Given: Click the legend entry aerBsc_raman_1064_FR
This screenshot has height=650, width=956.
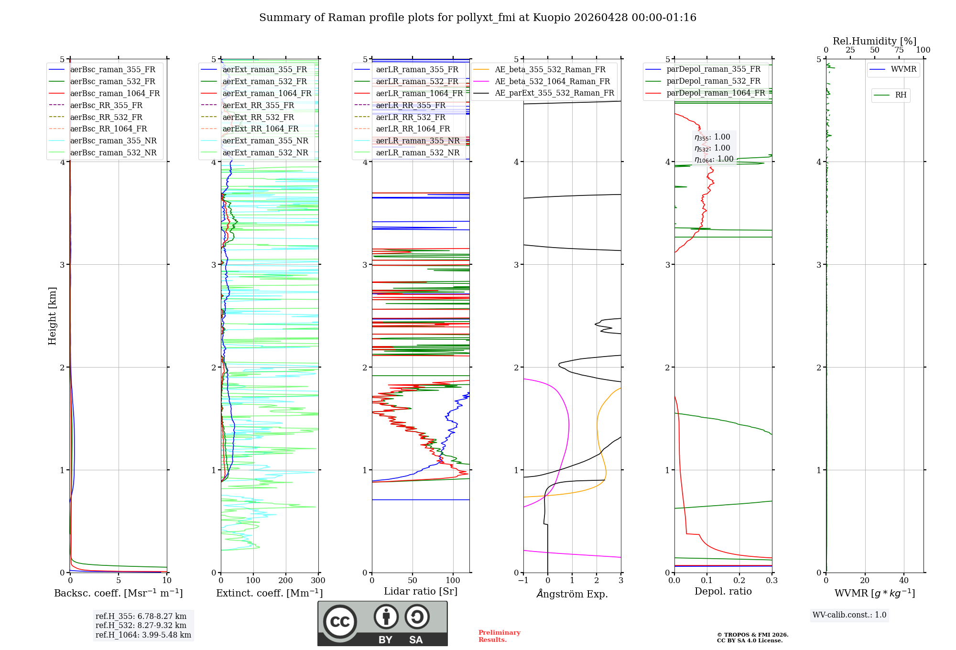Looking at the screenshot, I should pyautogui.click(x=115, y=93).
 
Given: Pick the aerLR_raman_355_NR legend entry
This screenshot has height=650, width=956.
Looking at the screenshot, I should pyautogui.click(x=417, y=141).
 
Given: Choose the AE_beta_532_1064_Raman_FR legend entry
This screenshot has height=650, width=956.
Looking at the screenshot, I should pyautogui.click(x=552, y=81).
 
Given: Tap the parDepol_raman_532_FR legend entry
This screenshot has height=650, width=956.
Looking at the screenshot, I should pyautogui.click(x=713, y=81).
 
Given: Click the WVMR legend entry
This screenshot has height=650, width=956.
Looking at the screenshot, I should pyautogui.click(x=903, y=69).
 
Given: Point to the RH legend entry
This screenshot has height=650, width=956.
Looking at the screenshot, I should pyautogui.click(x=901, y=95).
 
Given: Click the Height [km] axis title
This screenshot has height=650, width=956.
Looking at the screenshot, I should pyautogui.click(x=52, y=316).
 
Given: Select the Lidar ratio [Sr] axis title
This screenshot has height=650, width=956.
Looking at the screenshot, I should pyautogui.click(x=421, y=591).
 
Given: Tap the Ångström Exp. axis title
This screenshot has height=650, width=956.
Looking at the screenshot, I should pyautogui.click(x=572, y=594).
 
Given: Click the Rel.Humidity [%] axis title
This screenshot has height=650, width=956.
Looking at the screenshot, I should pyautogui.click(x=874, y=41).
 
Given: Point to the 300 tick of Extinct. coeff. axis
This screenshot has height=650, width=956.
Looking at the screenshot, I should pyautogui.click(x=318, y=581).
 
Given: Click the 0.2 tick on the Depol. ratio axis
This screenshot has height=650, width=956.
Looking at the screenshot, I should pyautogui.click(x=739, y=581).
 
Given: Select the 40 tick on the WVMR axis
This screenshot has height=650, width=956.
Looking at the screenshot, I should pyautogui.click(x=904, y=581).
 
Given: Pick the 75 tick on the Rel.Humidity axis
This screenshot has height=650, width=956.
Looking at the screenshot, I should pyautogui.click(x=899, y=50).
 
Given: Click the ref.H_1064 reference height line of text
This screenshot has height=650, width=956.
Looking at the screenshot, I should pyautogui.click(x=143, y=635).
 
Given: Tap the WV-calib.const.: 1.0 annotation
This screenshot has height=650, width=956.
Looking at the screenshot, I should pyautogui.click(x=849, y=615).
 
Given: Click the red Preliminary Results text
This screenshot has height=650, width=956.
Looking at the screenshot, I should pyautogui.click(x=499, y=636).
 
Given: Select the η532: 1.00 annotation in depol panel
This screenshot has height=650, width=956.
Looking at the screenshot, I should pyautogui.click(x=712, y=148).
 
